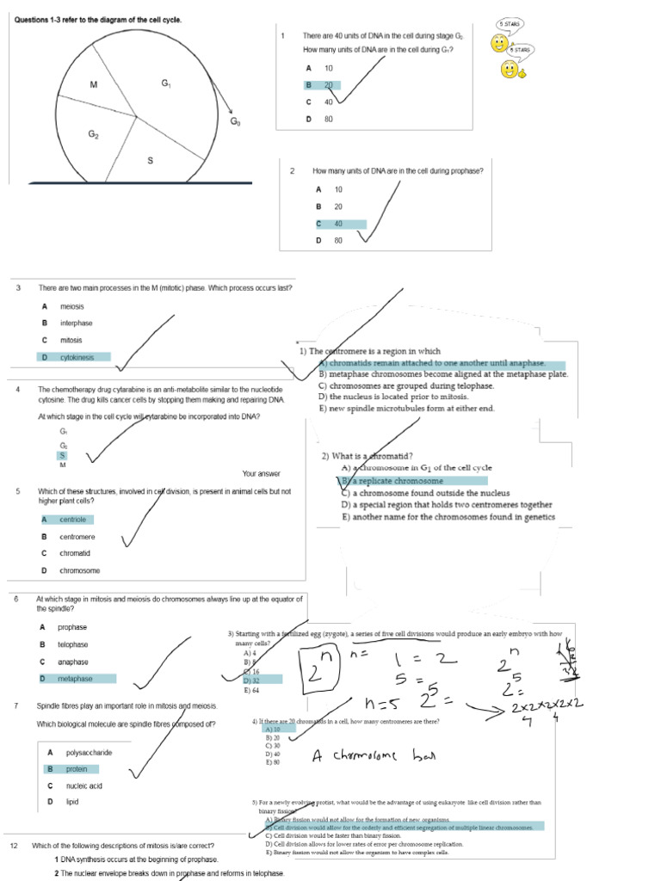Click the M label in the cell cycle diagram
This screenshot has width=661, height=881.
click(94, 84)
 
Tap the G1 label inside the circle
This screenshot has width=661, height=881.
click(166, 83)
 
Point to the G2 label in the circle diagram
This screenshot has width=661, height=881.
click(94, 134)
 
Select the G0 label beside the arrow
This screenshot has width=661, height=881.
click(235, 121)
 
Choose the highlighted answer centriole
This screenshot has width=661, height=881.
click(73, 520)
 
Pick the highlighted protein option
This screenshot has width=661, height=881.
click(77, 769)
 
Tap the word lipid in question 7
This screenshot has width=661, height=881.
click(72, 802)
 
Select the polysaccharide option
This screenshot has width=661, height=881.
click(89, 753)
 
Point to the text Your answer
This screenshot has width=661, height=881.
click(261, 473)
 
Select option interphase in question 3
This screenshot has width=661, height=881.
click(76, 323)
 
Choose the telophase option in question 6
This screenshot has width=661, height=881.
click(73, 644)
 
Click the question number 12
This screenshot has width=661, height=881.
click(14, 846)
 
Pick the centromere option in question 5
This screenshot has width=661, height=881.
click(77, 537)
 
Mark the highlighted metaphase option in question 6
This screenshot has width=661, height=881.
click(75, 679)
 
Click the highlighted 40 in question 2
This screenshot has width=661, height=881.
click(338, 224)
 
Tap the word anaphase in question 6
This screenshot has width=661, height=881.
click(73, 662)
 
